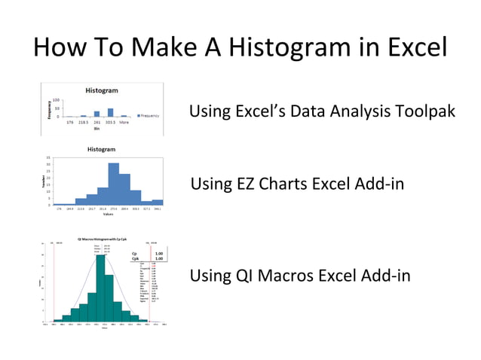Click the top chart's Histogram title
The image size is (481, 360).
[101, 90]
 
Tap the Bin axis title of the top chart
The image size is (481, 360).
[96, 129]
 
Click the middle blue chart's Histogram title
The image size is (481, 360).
[101, 150]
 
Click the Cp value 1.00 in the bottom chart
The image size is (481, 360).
[158, 254]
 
